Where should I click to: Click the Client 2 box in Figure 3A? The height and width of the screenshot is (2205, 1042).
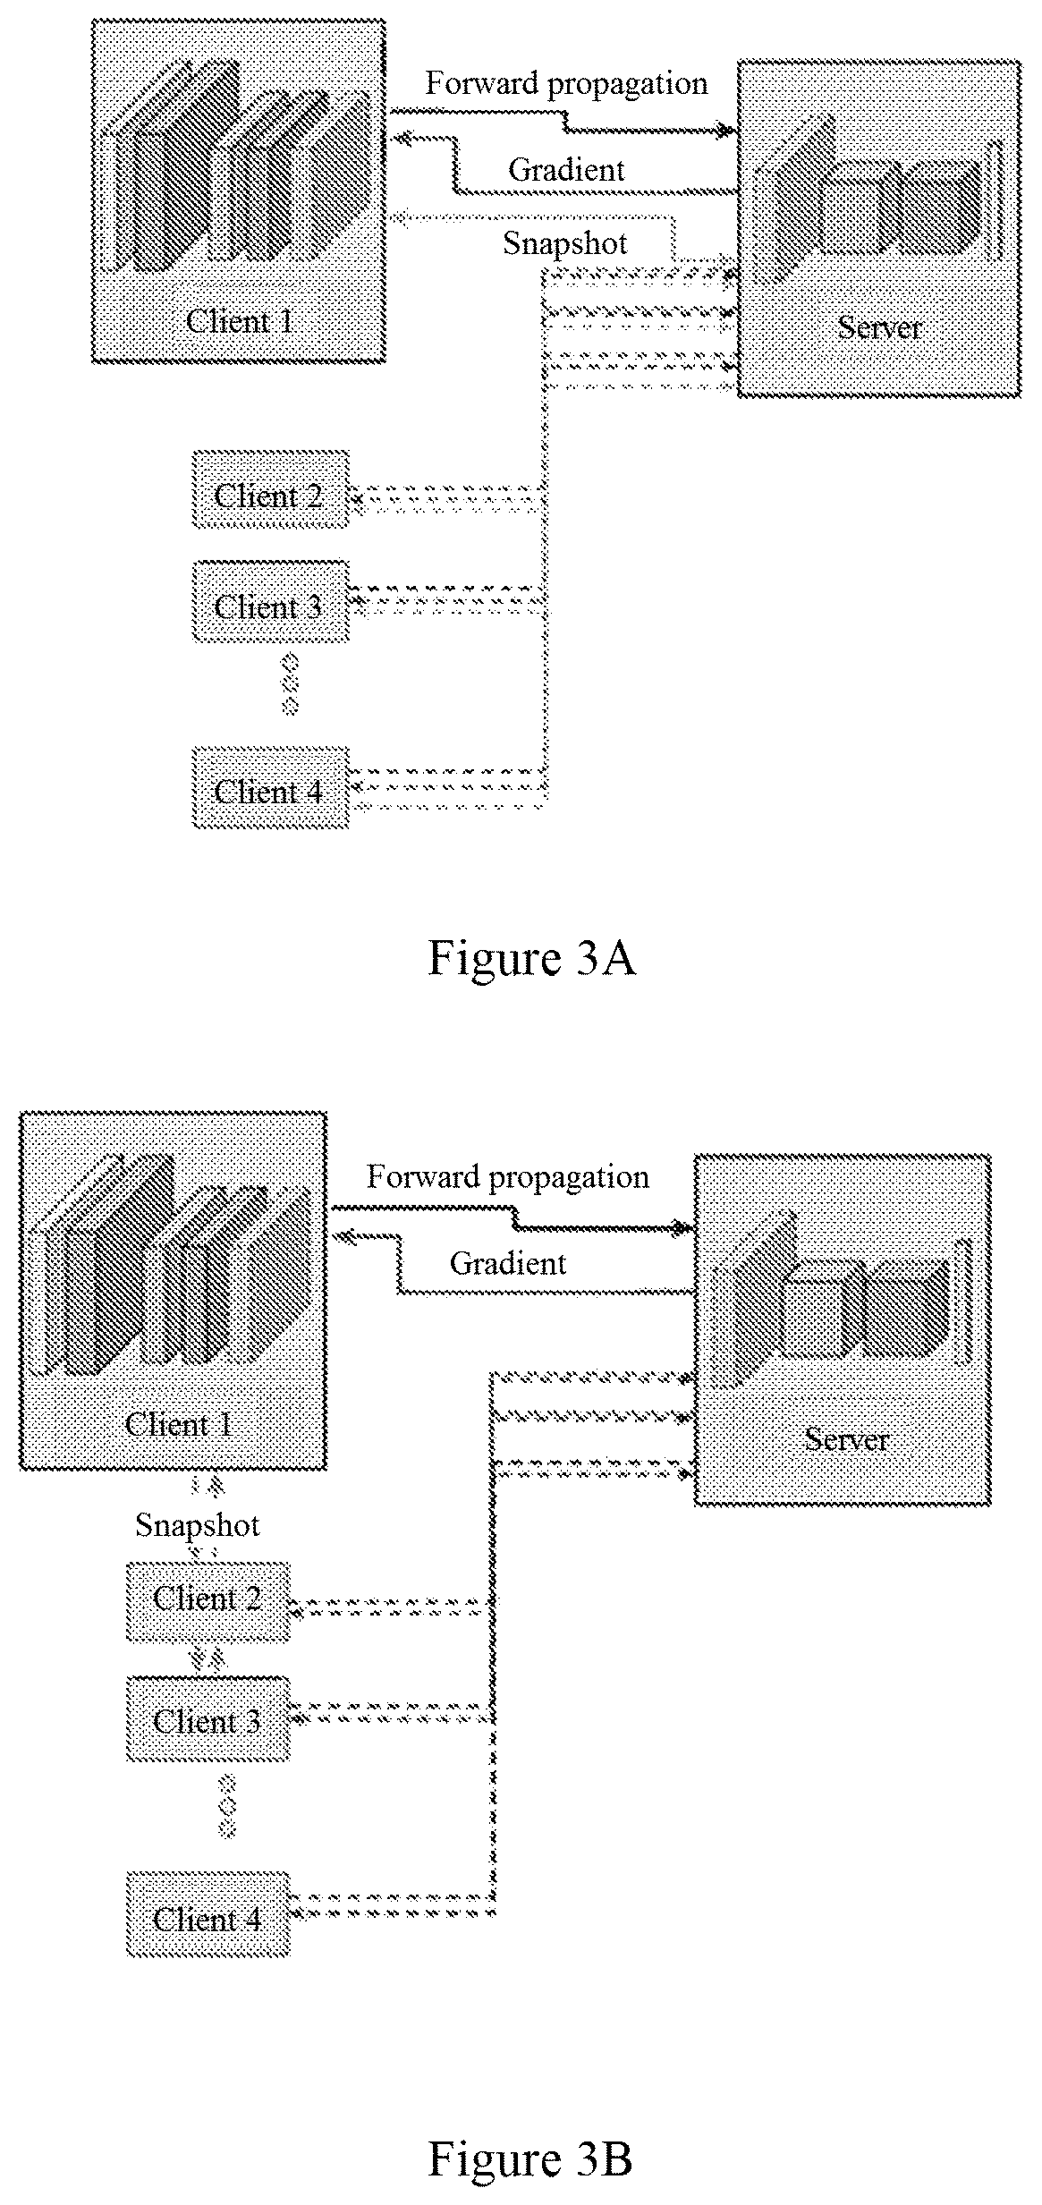(270, 489)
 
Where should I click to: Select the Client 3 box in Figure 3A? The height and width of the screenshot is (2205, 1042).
(270, 601)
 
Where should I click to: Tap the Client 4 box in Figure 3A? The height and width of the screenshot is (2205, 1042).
(270, 787)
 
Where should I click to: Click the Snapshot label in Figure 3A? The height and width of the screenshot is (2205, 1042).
(565, 243)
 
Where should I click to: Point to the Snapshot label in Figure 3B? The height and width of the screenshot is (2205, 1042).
(197, 1525)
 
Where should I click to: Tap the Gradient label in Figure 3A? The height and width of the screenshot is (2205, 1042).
(566, 169)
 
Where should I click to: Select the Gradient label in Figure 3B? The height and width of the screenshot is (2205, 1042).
(508, 1263)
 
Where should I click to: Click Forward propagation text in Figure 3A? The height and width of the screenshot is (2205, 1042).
(566, 84)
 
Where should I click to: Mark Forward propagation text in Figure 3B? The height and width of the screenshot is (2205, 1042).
(508, 1177)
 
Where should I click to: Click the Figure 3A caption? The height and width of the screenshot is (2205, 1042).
(532, 958)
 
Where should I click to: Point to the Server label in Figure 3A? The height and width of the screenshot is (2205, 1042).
(879, 327)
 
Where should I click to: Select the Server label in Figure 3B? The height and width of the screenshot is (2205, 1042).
(846, 1439)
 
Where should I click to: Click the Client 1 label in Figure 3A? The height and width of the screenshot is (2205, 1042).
(240, 321)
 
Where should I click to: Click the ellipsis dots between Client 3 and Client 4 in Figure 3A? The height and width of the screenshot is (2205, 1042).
(290, 684)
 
